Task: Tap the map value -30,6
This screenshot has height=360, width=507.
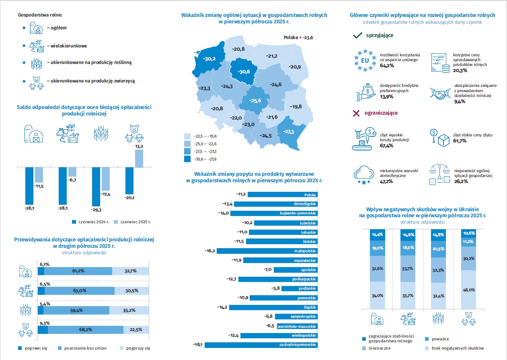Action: tap(244, 72)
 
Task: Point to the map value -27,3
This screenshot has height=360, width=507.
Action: tap(288, 132)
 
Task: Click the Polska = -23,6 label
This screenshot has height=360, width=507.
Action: tap(298, 37)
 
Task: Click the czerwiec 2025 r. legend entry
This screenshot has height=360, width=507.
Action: tap(135, 222)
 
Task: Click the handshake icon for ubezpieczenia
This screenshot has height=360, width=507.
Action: tap(439, 94)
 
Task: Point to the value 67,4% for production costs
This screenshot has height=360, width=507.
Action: tap(386, 145)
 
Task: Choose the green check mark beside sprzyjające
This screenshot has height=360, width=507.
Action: tap(357, 35)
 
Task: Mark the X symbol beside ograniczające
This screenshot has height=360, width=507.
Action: tap(356, 113)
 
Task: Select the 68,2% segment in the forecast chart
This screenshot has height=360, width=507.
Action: tap(85, 330)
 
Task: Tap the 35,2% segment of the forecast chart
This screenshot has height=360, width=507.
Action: tap(129, 310)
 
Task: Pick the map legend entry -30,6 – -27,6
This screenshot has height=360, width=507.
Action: tap(201, 159)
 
